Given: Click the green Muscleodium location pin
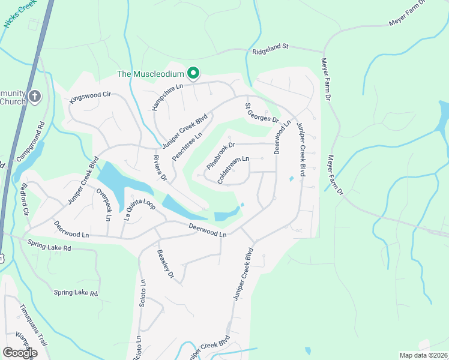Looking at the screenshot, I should [x=193, y=74].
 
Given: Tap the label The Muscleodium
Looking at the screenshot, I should [x=150, y=74].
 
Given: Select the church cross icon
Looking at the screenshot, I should [x=35, y=96].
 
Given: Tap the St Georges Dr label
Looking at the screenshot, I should [x=262, y=113].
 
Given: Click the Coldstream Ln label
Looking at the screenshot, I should [x=233, y=170].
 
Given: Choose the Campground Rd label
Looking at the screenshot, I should [x=31, y=145].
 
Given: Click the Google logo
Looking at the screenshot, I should [x=20, y=353].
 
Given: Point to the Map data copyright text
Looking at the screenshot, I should [x=423, y=355].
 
